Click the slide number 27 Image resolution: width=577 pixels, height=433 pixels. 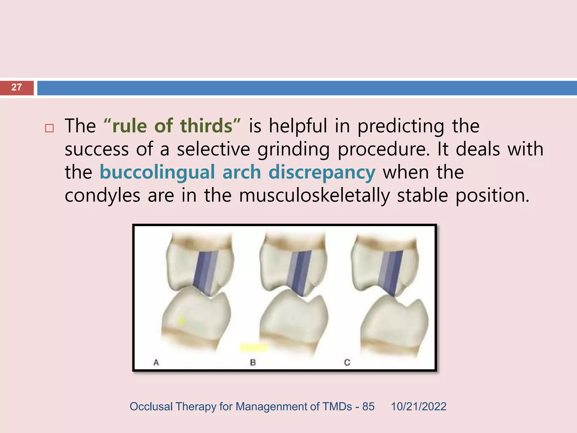pyautogui.click(x=17, y=87)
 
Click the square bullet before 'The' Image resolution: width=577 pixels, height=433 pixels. pyautogui.click(x=49, y=128)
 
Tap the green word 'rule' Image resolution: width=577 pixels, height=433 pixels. pyautogui.click(x=129, y=126)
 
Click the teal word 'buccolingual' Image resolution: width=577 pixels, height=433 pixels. pyautogui.click(x=157, y=172)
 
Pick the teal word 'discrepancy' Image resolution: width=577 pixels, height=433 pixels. pyautogui.click(x=322, y=172)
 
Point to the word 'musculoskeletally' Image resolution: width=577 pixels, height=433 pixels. pyautogui.click(x=314, y=195)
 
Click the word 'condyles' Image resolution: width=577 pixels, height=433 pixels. pyautogui.click(x=102, y=195)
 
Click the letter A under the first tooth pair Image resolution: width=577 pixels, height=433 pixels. pyautogui.click(x=156, y=363)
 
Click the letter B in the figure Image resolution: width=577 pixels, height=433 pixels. pyautogui.click(x=253, y=363)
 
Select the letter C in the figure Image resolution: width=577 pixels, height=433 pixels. pyautogui.click(x=347, y=363)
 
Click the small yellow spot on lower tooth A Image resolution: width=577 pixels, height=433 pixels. pyautogui.click(x=181, y=321)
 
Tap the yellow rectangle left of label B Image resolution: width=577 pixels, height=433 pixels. pyautogui.click(x=254, y=348)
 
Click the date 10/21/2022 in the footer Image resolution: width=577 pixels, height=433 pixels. pyautogui.click(x=418, y=407)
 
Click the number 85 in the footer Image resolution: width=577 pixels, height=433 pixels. pyautogui.click(x=368, y=407)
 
